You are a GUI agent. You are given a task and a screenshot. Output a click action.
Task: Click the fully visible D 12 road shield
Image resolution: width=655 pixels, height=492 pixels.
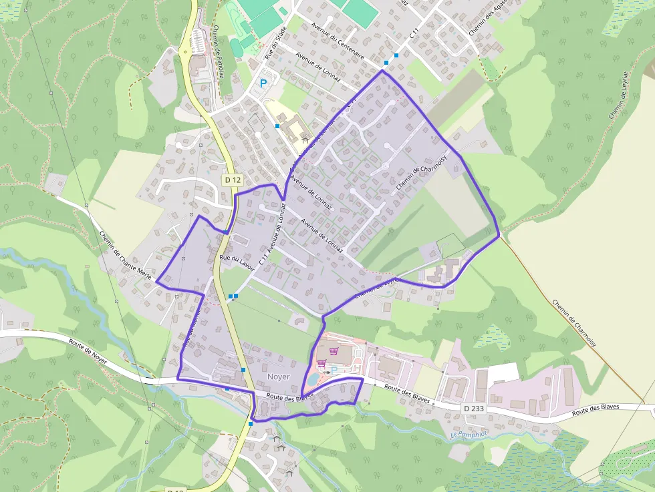click(x=233, y=180)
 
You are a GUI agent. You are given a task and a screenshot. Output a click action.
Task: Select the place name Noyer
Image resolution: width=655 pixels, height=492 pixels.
click(x=278, y=377)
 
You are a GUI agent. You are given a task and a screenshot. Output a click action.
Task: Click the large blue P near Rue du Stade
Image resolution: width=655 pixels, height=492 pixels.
click(x=264, y=84)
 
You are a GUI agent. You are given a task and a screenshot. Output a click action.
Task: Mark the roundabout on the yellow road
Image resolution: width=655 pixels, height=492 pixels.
click(x=184, y=51)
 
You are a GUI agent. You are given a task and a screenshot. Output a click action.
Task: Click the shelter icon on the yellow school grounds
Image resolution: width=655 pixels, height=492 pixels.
click(x=305, y=141)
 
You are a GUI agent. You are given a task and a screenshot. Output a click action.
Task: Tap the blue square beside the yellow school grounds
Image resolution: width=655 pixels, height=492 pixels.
click(x=277, y=126)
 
